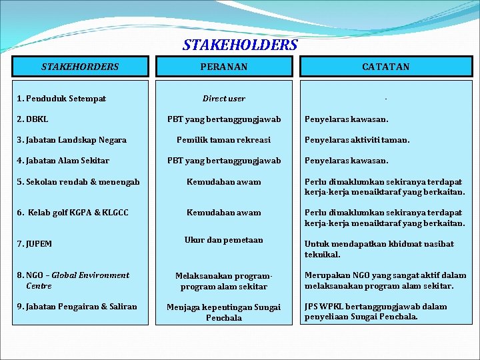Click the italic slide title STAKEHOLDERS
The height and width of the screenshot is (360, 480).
pyautogui.click(x=240, y=45)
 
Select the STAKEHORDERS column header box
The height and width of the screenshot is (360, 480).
pyautogui.click(x=80, y=67)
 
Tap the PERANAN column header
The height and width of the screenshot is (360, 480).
pyautogui.click(x=224, y=67)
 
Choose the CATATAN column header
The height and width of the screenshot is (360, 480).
pyautogui.click(x=386, y=67)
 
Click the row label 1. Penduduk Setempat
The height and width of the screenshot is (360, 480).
pyautogui.click(x=61, y=99)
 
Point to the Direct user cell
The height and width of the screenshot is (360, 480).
pyautogui.click(x=224, y=99)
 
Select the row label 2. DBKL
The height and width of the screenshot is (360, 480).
pyautogui.click(x=33, y=119)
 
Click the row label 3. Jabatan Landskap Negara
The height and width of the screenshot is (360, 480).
pyautogui.click(x=71, y=140)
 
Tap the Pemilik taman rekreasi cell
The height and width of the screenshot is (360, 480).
pyautogui.click(x=224, y=140)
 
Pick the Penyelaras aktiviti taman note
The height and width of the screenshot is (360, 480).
pyautogui.click(x=357, y=140)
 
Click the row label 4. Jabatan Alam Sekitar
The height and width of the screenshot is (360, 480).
pyautogui.click(x=63, y=161)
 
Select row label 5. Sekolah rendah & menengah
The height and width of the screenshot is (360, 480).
pyautogui.click(x=78, y=182)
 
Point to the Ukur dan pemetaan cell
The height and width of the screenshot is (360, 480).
pyautogui.click(x=224, y=240)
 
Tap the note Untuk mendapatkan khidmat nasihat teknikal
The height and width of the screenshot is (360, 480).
pyautogui.click(x=379, y=249)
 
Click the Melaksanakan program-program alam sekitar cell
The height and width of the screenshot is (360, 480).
pyautogui.click(x=224, y=281)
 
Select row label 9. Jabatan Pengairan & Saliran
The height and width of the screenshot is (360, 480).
pyautogui.click(x=77, y=307)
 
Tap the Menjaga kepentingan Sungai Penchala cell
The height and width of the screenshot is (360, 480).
pyautogui.click(x=224, y=312)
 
